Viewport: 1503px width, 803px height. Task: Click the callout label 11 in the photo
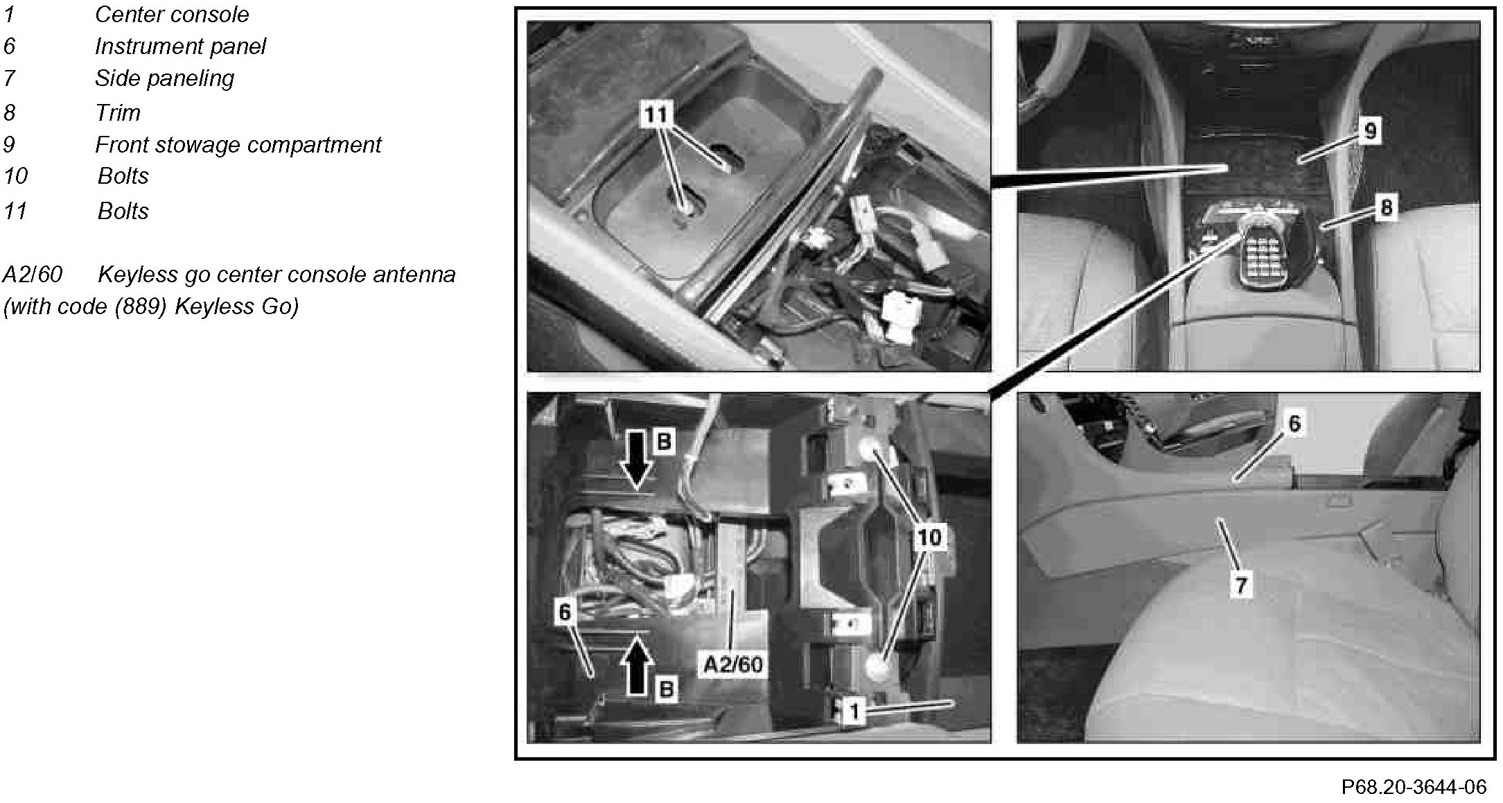click(x=656, y=114)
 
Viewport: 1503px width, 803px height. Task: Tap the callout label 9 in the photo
click(x=1370, y=130)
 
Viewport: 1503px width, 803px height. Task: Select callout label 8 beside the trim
click(x=1386, y=207)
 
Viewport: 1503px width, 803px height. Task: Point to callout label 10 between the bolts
click(x=929, y=537)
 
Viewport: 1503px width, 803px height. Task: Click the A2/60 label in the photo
click(x=733, y=665)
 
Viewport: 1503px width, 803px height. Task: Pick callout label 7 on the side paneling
click(x=1240, y=585)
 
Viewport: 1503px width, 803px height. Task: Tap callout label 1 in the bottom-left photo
click(x=855, y=711)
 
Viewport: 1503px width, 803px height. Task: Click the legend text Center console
click(x=172, y=14)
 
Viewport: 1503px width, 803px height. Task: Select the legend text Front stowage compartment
click(x=238, y=144)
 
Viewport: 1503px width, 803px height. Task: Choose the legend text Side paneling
click(x=165, y=78)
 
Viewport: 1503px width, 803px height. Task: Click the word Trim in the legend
click(x=118, y=112)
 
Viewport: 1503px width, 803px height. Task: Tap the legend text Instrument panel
click(x=180, y=46)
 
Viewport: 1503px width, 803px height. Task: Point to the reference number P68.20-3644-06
click(x=1414, y=787)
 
